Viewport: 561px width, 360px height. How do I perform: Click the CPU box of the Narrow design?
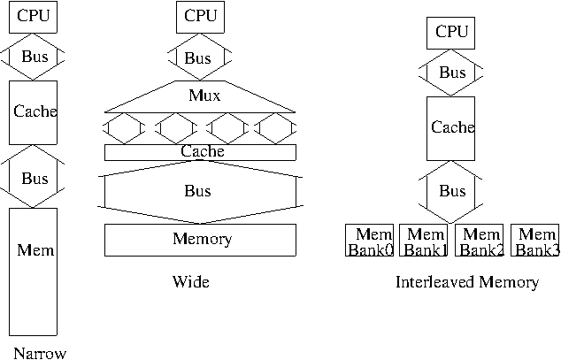click(x=34, y=16)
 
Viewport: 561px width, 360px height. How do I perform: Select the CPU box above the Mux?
click(x=199, y=16)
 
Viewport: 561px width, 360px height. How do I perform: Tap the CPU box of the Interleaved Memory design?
click(x=452, y=32)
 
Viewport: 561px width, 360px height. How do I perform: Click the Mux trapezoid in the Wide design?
click(x=204, y=96)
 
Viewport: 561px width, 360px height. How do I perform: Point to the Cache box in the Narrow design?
click(x=35, y=111)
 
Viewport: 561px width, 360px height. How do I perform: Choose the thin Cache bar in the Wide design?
click(x=201, y=152)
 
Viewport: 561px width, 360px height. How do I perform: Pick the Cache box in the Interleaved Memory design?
click(x=451, y=128)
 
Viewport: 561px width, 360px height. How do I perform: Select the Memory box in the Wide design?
click(x=201, y=239)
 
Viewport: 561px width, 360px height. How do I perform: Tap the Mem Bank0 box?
click(x=370, y=241)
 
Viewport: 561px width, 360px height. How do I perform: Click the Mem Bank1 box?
click(x=426, y=241)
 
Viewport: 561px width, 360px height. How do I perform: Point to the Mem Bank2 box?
click(x=480, y=241)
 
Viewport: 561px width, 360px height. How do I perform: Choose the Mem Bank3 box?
click(x=536, y=241)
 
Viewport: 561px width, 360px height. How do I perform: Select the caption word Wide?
click(x=190, y=283)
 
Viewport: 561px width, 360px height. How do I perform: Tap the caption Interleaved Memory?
click(x=466, y=283)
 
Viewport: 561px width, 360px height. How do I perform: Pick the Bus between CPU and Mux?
click(x=197, y=58)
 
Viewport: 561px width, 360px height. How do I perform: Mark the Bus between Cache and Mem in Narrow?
click(x=35, y=178)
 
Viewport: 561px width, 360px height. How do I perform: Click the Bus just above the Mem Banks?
click(x=452, y=190)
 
